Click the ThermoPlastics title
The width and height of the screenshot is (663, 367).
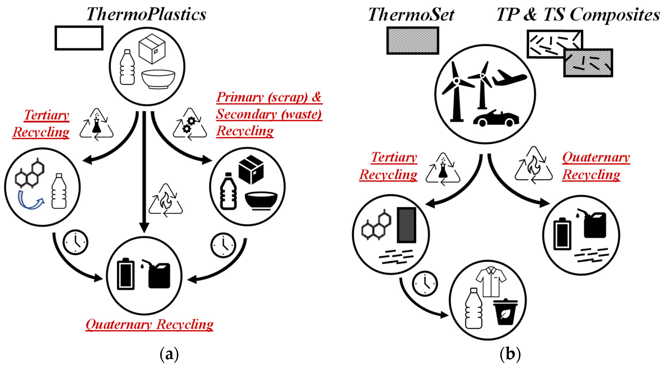pos(146,14)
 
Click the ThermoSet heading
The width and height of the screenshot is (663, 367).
pos(411,14)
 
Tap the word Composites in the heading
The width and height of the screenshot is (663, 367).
pos(615,15)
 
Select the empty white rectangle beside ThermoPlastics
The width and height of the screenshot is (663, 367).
pos(79,38)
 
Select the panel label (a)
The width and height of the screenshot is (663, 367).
pos(169,354)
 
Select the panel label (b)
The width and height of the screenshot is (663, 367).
pos(510,354)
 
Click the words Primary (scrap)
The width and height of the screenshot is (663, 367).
pos(262,97)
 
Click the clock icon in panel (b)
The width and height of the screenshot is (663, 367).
pos(424,283)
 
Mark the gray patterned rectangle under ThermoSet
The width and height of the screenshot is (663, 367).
pos(413,41)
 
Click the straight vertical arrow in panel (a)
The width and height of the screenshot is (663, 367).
pos(144,170)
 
